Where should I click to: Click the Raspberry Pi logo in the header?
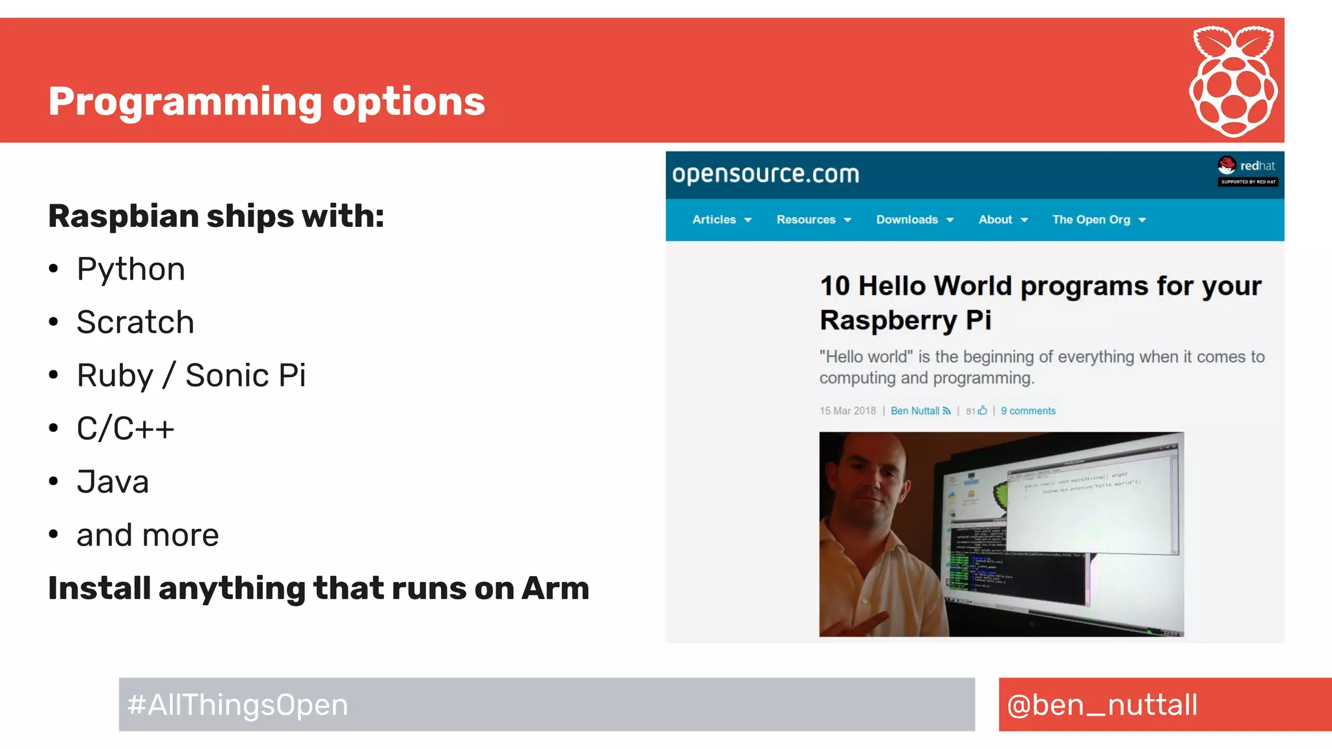point(1233,81)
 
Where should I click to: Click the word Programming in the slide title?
point(185,102)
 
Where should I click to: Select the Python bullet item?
point(131,269)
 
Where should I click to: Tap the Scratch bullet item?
point(135,322)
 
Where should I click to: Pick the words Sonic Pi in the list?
point(245,376)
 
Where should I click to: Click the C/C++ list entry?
point(126,429)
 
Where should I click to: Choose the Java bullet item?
point(113,482)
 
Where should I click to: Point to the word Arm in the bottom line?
point(555,588)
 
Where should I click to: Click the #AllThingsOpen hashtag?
point(238,705)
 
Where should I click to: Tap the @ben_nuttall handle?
point(1102,705)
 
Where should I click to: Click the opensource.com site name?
point(766,174)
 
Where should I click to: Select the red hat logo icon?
point(1227,165)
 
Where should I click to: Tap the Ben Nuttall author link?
point(915,411)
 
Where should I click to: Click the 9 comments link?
point(1028,411)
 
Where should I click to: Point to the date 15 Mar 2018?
point(847,411)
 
